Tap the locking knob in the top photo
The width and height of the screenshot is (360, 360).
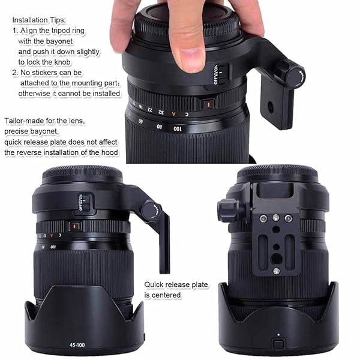294,76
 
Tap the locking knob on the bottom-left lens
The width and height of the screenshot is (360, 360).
150,210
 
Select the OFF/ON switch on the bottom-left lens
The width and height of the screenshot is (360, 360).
86,202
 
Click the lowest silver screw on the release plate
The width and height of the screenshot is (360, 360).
276,271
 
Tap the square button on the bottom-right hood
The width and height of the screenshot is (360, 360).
278,344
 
